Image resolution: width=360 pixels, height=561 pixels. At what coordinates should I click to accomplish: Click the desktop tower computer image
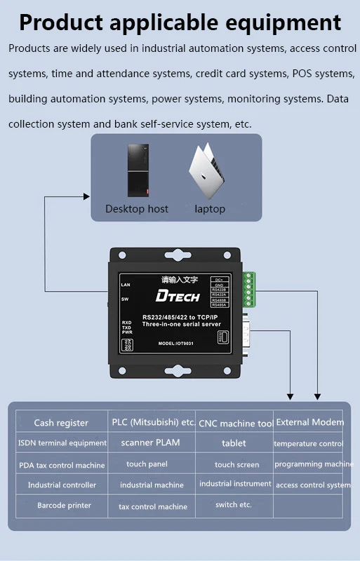pyautogui.click(x=138, y=170)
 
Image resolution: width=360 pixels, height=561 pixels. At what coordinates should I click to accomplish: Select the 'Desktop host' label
pyautogui.click(x=137, y=209)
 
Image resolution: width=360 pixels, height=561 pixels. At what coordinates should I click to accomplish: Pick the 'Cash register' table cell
pyautogui.click(x=61, y=423)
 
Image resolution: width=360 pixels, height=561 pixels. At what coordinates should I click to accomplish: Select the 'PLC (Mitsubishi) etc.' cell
pyautogui.click(x=153, y=422)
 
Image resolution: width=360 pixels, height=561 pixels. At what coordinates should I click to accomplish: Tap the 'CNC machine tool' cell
pyautogui.click(x=236, y=424)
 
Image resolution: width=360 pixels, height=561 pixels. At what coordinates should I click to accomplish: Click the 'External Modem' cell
pyautogui.click(x=309, y=422)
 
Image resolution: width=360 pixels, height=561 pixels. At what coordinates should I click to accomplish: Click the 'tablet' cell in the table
pyautogui.click(x=234, y=443)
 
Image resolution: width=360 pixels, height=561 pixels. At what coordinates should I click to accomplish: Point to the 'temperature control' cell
pyautogui.click(x=308, y=444)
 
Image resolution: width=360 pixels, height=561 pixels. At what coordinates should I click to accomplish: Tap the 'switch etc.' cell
pyautogui.click(x=233, y=505)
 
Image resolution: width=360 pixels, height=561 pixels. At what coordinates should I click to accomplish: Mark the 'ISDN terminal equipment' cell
pyautogui.click(x=62, y=443)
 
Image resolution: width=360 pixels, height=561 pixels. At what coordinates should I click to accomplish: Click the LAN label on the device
pyautogui.click(x=126, y=286)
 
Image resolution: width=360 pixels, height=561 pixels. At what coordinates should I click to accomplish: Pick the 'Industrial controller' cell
pyautogui.click(x=62, y=485)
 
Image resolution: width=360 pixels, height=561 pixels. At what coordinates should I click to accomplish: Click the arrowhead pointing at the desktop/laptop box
pyautogui.click(x=88, y=197)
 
